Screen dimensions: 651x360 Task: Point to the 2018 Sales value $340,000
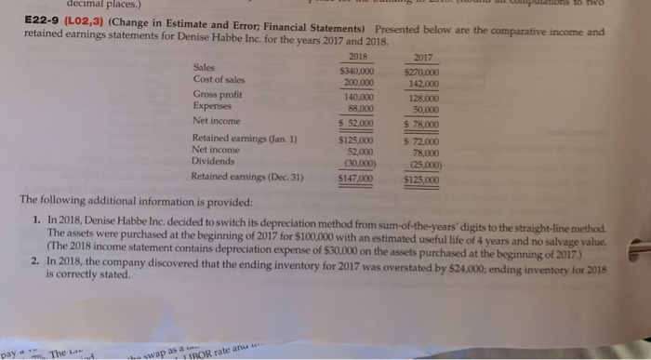pyautogui.click(x=358, y=68)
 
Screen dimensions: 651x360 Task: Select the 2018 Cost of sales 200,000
pyautogui.click(x=359, y=81)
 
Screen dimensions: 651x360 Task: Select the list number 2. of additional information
pyautogui.click(x=33, y=262)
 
